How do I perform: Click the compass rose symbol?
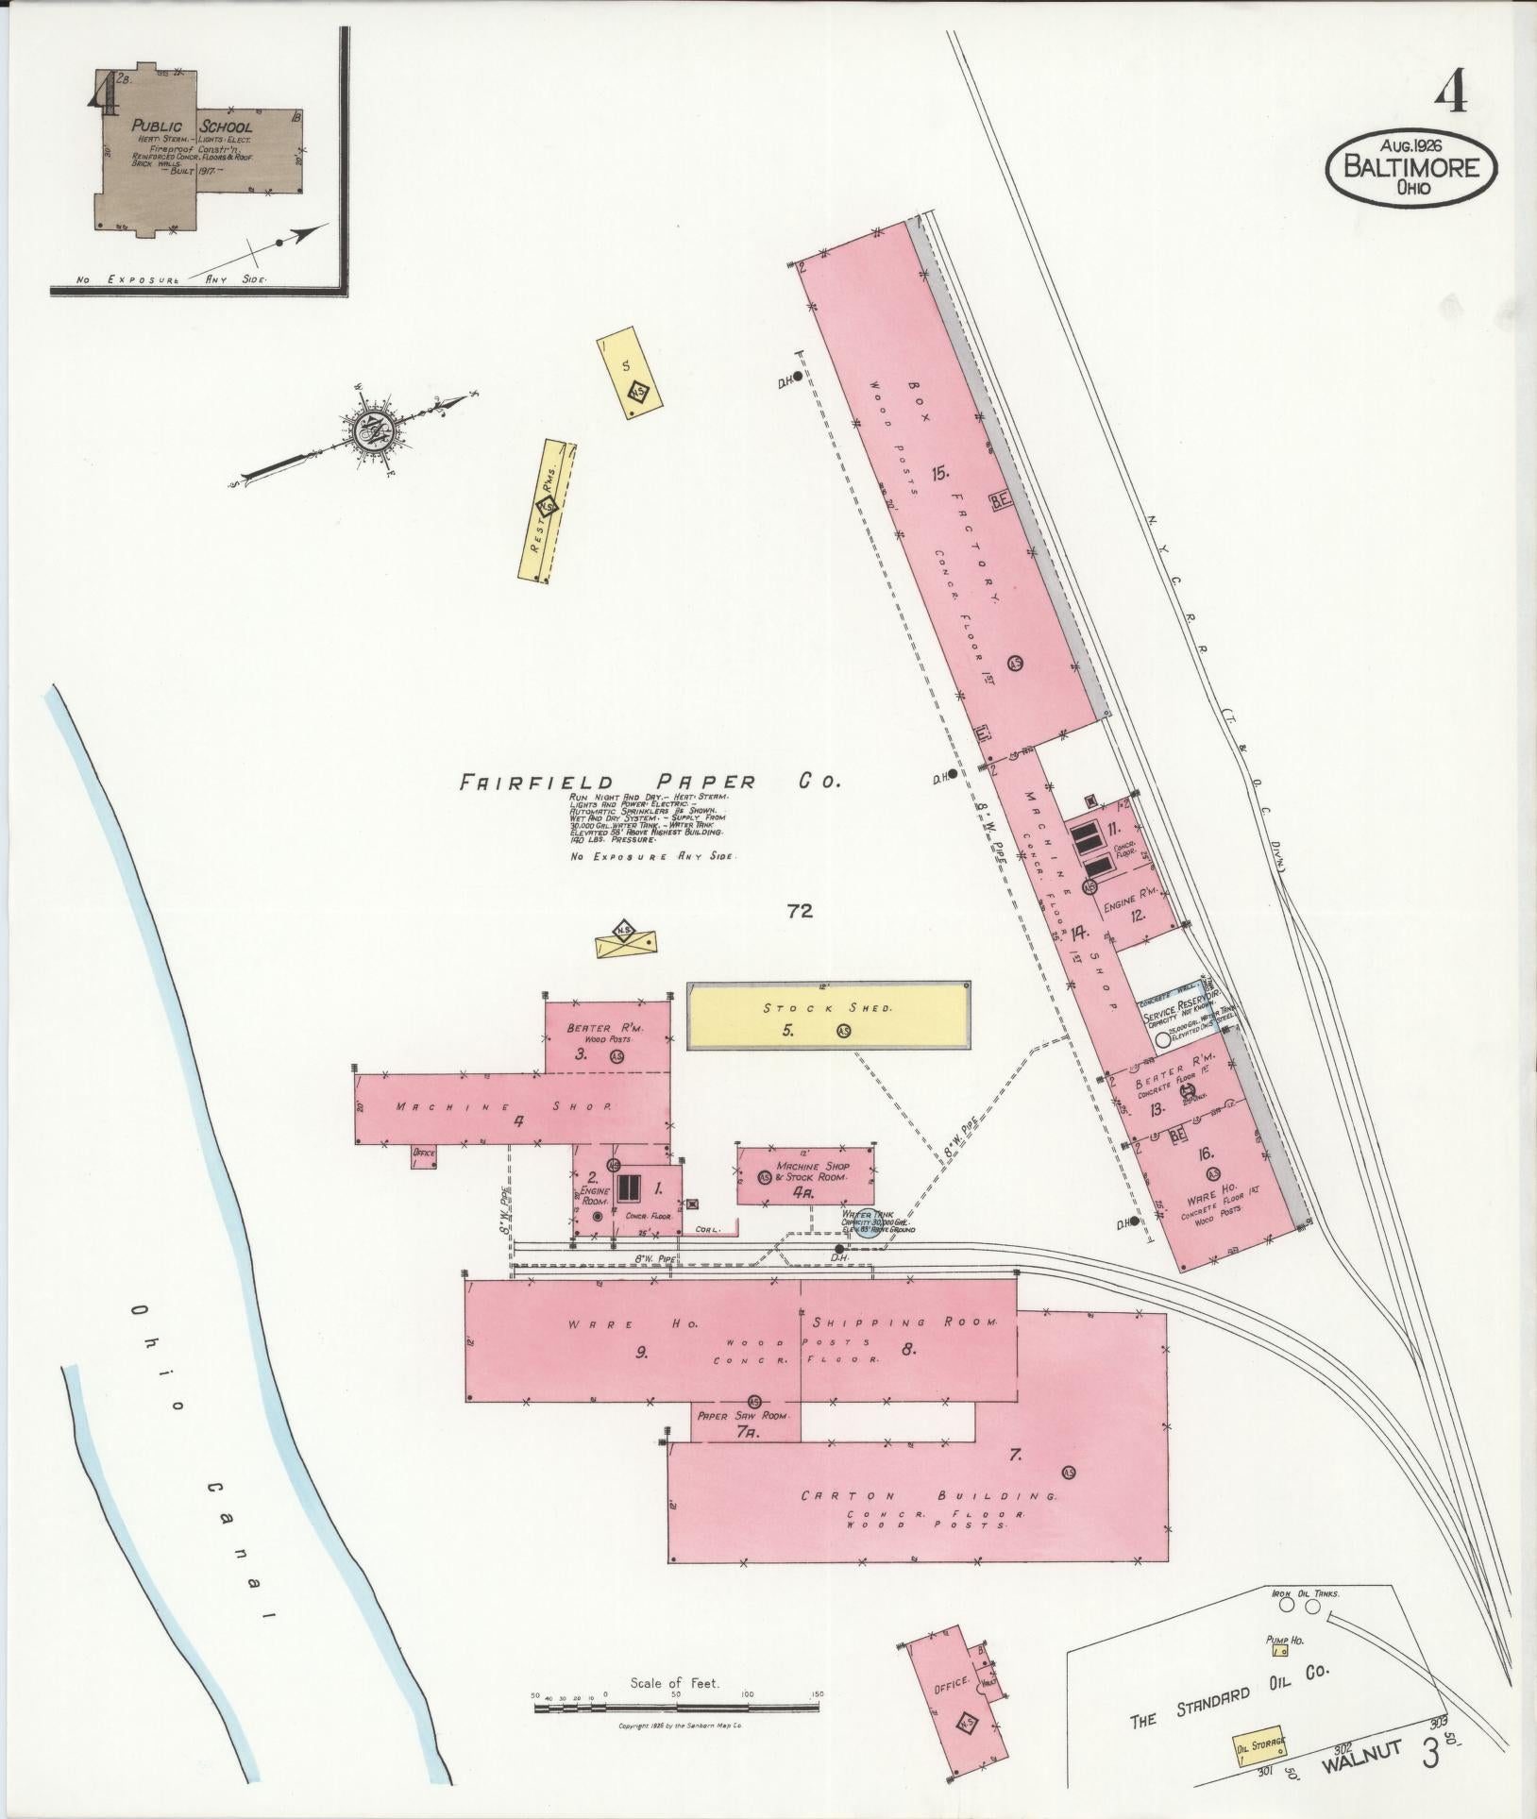tap(371, 433)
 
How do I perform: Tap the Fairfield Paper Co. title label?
tap(649, 782)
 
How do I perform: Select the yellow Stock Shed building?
tap(828, 1015)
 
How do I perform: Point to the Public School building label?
tap(192, 126)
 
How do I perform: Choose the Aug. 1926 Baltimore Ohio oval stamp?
tap(1412, 166)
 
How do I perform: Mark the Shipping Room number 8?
tap(908, 1349)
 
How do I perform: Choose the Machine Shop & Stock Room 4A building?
tap(804, 1175)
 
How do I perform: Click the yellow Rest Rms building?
tap(549, 511)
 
